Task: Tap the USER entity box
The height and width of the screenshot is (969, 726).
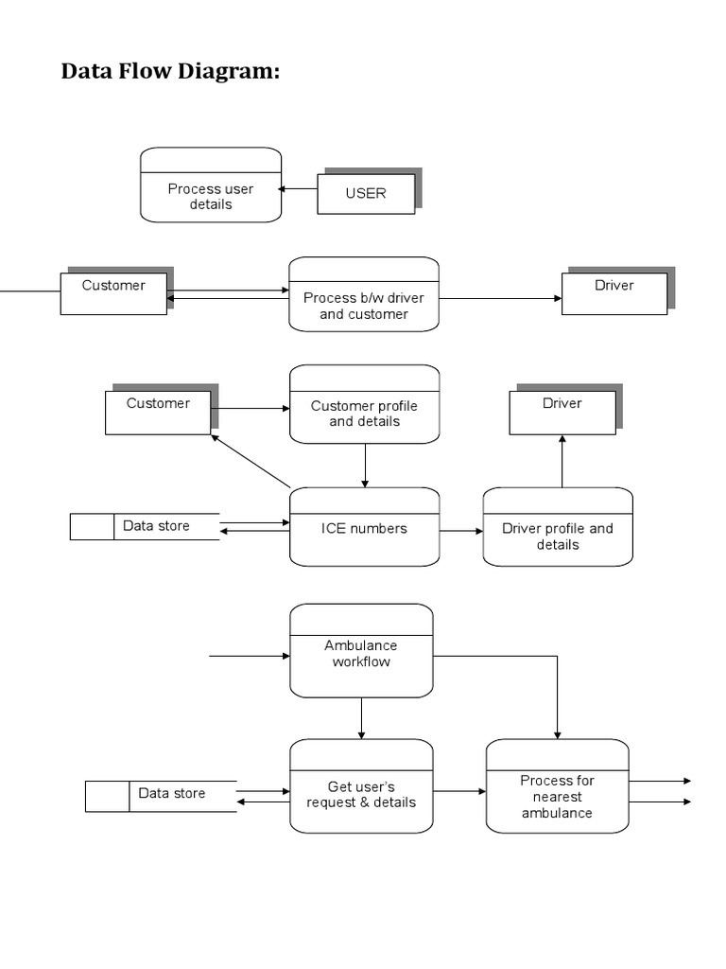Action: (366, 193)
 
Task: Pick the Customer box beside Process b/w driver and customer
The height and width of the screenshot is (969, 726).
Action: (113, 292)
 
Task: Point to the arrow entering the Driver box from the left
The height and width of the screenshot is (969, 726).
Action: (500, 298)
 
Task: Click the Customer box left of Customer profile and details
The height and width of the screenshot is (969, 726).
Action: (158, 412)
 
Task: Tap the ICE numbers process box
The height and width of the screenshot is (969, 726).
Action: (364, 527)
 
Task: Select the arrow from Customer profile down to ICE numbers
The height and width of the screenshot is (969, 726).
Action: (364, 465)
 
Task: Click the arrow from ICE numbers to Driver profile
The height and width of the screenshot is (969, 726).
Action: (461, 531)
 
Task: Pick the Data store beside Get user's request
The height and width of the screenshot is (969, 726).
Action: (160, 796)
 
